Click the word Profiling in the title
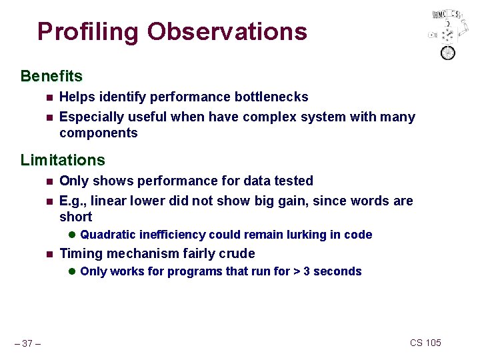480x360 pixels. tap(89, 31)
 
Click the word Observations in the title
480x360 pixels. tap(227, 31)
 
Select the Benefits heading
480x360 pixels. tap(51, 76)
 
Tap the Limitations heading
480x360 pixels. tap(63, 160)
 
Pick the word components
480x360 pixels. tap(98, 133)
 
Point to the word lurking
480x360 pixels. tap(301, 235)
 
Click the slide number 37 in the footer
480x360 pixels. tap(27, 343)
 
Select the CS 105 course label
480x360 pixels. tap(425, 343)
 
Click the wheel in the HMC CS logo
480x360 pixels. tap(448, 53)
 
